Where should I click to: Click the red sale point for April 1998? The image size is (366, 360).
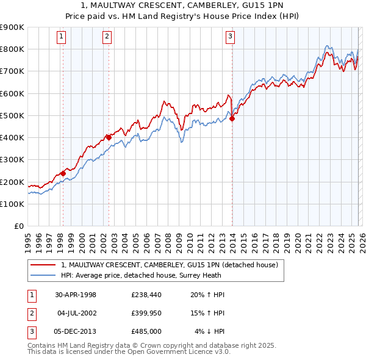pos(63,173)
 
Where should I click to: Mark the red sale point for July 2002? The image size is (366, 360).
pos(109,137)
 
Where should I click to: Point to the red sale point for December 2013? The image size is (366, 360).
pos(232,119)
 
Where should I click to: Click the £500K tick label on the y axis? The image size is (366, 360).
pos(13,115)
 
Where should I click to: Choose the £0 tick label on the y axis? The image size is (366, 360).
pos(18,226)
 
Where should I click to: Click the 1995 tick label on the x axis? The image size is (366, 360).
pos(28,241)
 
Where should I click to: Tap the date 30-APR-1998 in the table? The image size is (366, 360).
pos(76,295)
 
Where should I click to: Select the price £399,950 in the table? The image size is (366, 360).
pos(146,313)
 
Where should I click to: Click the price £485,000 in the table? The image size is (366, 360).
pos(146,331)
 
